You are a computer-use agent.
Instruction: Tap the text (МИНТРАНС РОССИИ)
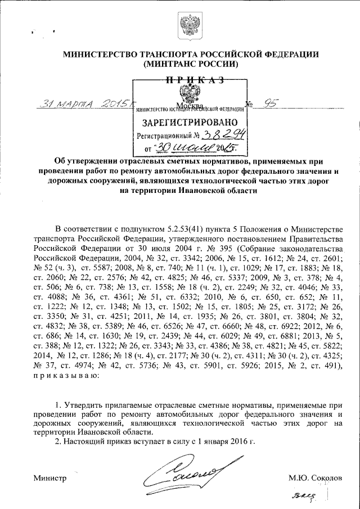pyautogui.click(x=191, y=64)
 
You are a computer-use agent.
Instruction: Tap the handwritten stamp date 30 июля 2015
pyautogui.click(x=191, y=148)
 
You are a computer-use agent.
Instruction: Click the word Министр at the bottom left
pyautogui.click(x=50, y=478)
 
